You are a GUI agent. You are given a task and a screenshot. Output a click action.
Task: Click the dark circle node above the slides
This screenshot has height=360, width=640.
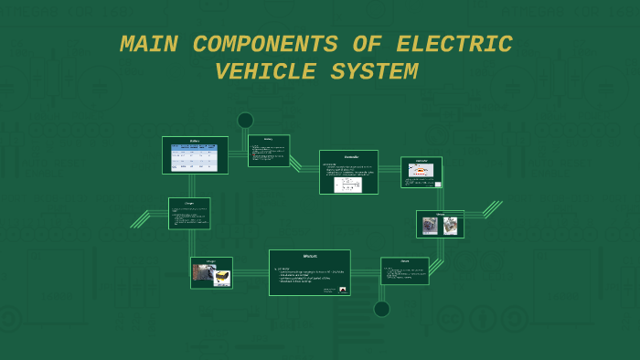(245, 121)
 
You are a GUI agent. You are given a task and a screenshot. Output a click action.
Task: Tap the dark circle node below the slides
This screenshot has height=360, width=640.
(382, 309)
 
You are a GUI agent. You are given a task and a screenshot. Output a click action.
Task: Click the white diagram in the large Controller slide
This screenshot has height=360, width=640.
(348, 184)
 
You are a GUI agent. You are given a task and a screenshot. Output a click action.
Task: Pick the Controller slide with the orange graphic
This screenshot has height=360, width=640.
(421, 172)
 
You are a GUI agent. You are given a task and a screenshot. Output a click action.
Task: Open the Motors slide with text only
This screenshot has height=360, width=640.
(405, 270)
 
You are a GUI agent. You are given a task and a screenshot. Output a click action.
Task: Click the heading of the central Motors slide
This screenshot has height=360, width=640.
(309, 256)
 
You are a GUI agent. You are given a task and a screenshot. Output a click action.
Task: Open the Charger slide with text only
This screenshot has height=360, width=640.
(189, 213)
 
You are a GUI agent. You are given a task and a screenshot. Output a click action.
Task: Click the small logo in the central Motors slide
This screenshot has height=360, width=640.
(342, 290)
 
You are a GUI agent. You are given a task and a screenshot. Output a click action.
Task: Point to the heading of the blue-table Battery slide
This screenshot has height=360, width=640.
(195, 141)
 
